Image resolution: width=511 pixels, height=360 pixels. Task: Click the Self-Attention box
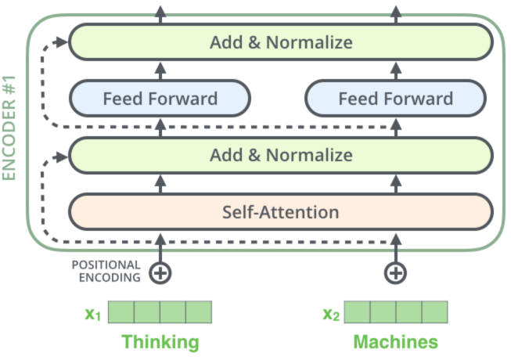[280, 211]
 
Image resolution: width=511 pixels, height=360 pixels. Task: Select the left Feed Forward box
[160, 99]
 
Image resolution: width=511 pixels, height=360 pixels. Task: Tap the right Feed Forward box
[395, 99]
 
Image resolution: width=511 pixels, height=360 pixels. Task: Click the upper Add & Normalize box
[280, 41]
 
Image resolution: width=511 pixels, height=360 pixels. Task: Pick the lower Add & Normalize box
[280, 154]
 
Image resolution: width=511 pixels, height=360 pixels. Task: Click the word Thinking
[160, 342]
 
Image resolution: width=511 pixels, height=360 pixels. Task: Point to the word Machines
[395, 342]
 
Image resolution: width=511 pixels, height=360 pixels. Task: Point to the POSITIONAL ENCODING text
[106, 271]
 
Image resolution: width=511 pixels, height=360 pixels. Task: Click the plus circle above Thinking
[160, 272]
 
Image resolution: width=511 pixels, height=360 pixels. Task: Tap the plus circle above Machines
[396, 272]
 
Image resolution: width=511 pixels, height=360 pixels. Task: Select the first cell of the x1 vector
[121, 313]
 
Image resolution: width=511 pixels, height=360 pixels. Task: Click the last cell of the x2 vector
[434, 313]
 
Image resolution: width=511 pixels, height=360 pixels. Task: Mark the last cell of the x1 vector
[199, 313]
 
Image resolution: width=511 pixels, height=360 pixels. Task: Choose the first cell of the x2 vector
[356, 313]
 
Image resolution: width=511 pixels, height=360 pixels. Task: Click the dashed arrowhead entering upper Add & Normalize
[63, 41]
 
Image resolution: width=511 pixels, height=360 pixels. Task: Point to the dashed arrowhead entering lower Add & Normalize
[63, 154]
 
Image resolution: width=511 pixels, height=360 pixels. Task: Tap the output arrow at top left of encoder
[160, 10]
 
